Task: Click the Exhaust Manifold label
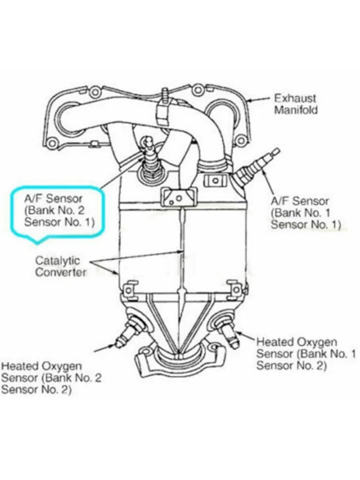[296, 104]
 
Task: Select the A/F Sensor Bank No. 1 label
[305, 213]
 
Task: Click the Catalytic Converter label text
[60, 266]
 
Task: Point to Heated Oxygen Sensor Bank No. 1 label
[306, 354]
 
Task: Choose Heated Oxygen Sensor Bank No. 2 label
[51, 377]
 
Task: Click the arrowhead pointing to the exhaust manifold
[250, 101]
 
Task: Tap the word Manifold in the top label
[296, 109]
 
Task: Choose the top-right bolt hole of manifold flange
[197, 90]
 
